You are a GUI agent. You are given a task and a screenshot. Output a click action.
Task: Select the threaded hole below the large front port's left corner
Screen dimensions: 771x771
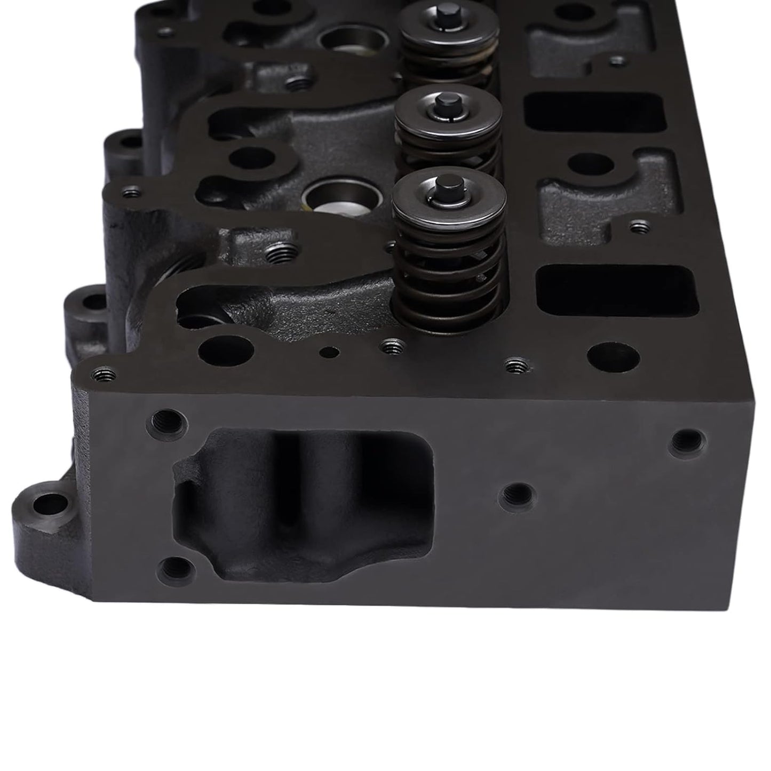pyautogui.click(x=176, y=569)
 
